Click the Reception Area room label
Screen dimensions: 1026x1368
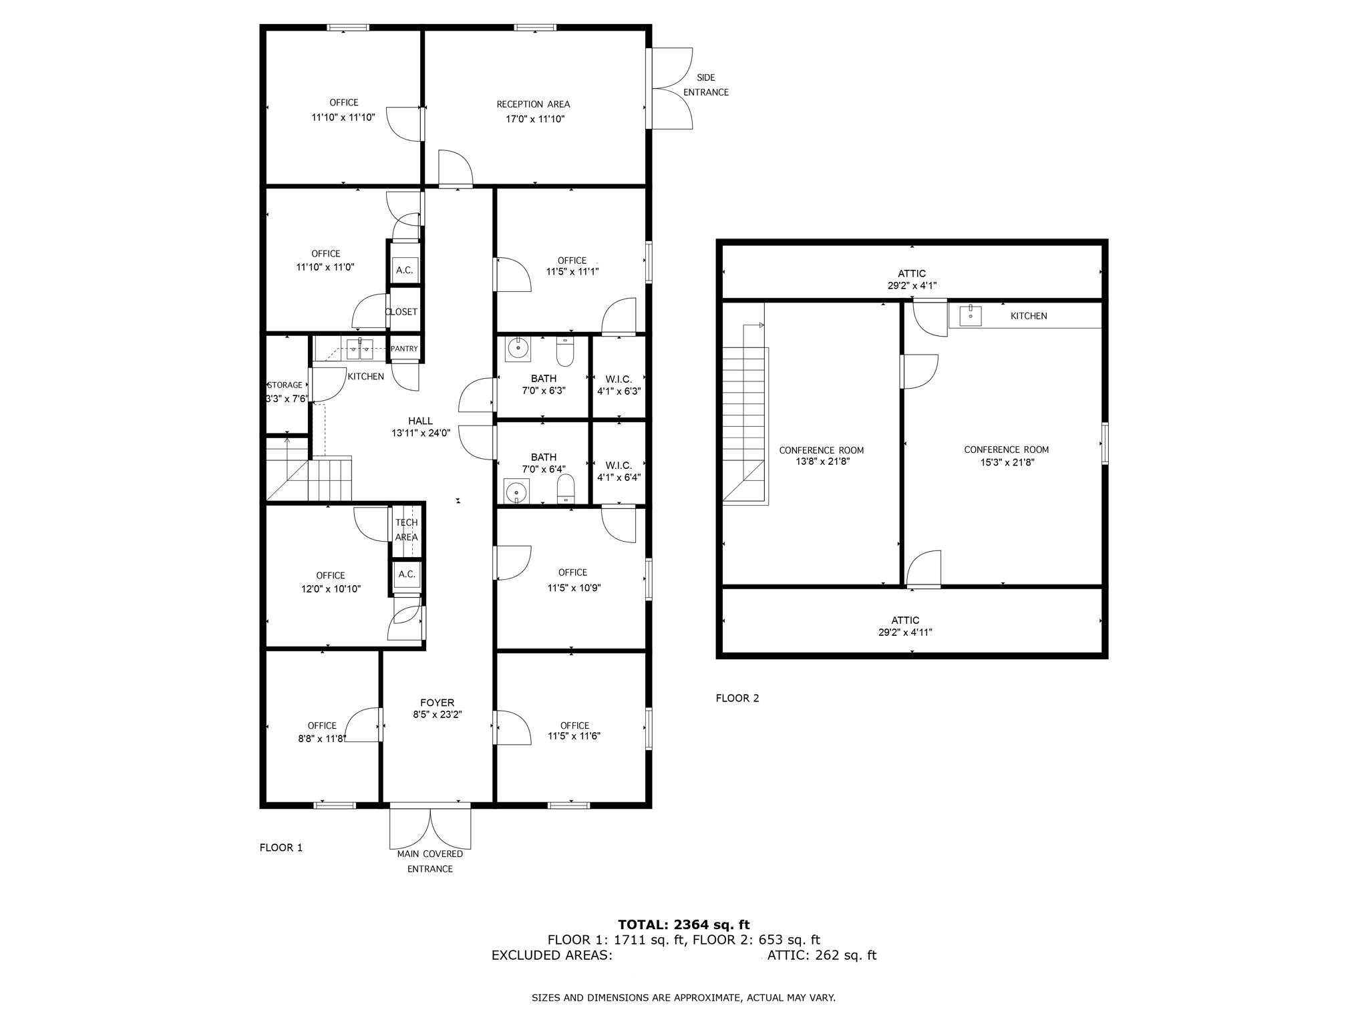pyautogui.click(x=533, y=104)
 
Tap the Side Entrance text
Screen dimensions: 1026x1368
pyautogui.click(x=705, y=85)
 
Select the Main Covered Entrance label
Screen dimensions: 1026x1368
pyautogui.click(x=430, y=861)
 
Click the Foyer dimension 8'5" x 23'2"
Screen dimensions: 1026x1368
pyautogui.click(x=437, y=714)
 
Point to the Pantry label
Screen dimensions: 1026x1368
pyautogui.click(x=404, y=349)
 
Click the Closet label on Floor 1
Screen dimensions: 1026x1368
pyautogui.click(x=401, y=312)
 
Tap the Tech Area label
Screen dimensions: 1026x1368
pyautogui.click(x=406, y=530)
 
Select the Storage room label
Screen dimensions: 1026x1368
pyautogui.click(x=285, y=385)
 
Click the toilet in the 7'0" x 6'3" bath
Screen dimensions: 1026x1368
pyautogui.click(x=565, y=352)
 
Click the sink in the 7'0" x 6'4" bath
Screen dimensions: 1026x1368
pyautogui.click(x=516, y=492)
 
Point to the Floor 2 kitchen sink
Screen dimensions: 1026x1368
pyautogui.click(x=969, y=315)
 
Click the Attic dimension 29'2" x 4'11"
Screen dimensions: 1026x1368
pyautogui.click(x=905, y=632)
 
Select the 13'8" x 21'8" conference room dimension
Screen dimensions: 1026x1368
pyautogui.click(x=821, y=461)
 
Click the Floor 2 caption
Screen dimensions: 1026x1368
pyautogui.click(x=737, y=698)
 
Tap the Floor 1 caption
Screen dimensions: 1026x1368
pyautogui.click(x=281, y=848)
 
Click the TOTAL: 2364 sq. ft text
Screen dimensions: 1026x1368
pyautogui.click(x=683, y=924)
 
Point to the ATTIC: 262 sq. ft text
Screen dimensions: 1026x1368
pyautogui.click(x=821, y=955)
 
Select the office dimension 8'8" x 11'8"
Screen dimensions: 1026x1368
pyautogui.click(x=322, y=738)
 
